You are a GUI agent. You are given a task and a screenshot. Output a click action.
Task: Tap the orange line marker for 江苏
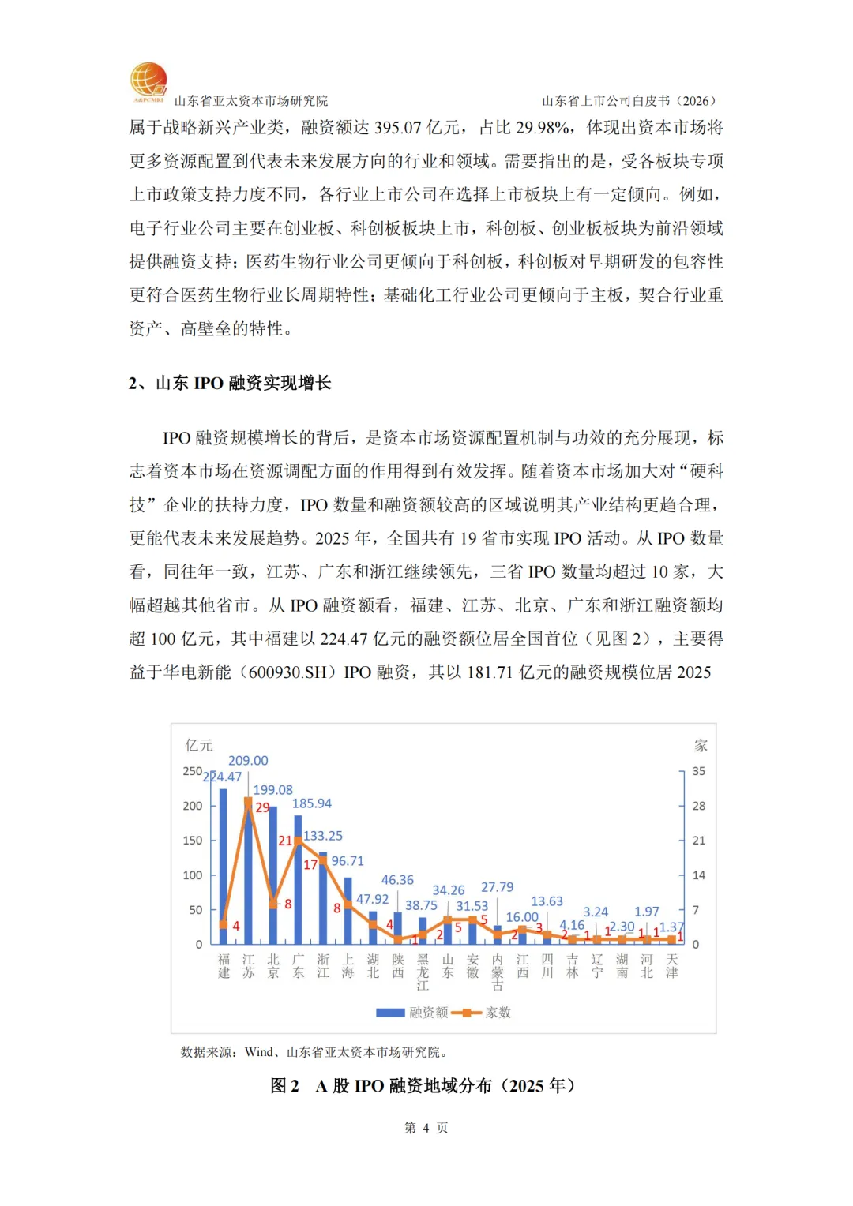248,801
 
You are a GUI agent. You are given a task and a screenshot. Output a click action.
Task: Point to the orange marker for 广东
298,841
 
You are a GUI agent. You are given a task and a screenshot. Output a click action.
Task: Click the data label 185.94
312,803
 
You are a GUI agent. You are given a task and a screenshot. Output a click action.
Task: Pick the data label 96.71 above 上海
348,861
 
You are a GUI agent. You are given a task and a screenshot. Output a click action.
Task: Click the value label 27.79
497,887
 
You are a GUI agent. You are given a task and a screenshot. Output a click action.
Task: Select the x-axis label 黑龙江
423,972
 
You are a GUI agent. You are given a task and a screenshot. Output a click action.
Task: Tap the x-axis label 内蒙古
498,972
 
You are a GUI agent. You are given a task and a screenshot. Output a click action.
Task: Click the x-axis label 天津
671,966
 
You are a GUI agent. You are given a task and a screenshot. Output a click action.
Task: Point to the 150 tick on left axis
193,841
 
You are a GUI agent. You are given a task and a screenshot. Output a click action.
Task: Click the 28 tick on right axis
699,806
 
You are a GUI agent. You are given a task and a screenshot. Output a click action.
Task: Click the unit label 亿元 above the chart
199,745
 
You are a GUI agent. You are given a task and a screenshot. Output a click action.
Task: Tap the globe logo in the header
148,82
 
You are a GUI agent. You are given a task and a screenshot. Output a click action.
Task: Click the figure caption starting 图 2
423,1086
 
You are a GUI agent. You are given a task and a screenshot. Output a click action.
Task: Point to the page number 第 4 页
426,1128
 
